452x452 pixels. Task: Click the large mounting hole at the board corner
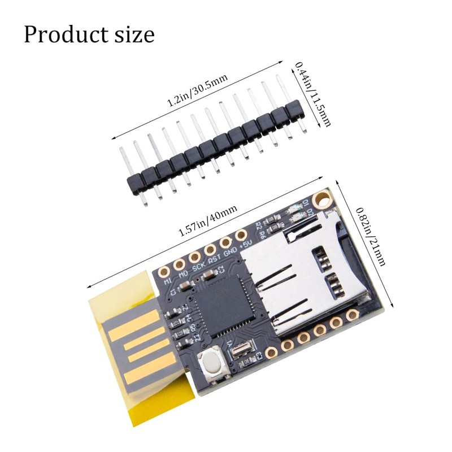(x=322, y=199)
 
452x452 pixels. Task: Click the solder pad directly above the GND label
(x=225, y=242)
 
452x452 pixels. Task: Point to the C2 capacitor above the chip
(x=208, y=276)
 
